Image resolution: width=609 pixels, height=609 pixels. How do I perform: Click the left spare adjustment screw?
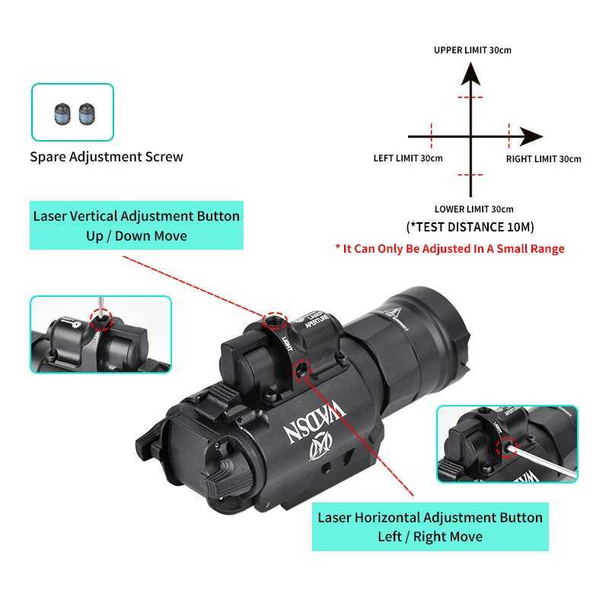62,114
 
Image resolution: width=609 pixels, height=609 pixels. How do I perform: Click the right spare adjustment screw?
87,114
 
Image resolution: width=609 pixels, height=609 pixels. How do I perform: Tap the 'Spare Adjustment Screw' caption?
107,157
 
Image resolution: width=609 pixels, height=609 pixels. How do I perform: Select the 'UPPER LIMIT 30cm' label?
472,50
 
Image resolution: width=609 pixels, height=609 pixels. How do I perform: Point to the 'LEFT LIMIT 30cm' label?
408,158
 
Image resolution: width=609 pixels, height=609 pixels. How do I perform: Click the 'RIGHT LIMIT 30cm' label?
544,159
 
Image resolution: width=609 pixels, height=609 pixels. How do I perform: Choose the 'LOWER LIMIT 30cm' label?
473,209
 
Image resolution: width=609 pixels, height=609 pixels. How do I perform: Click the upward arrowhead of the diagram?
470,74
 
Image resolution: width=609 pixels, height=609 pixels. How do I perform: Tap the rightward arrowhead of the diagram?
531,136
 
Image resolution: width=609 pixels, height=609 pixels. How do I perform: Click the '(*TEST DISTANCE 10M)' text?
470,227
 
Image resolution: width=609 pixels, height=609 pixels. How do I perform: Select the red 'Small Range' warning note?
450,249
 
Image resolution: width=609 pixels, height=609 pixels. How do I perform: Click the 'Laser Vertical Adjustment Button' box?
136,225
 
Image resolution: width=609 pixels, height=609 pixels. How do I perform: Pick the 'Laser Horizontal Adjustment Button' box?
430,527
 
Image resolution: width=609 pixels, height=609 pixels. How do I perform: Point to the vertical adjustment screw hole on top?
274,320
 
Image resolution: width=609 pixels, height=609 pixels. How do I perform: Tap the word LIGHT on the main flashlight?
287,343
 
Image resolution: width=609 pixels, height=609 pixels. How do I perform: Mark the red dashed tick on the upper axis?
470,97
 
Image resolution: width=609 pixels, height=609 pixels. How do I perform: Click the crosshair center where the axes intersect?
470,136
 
